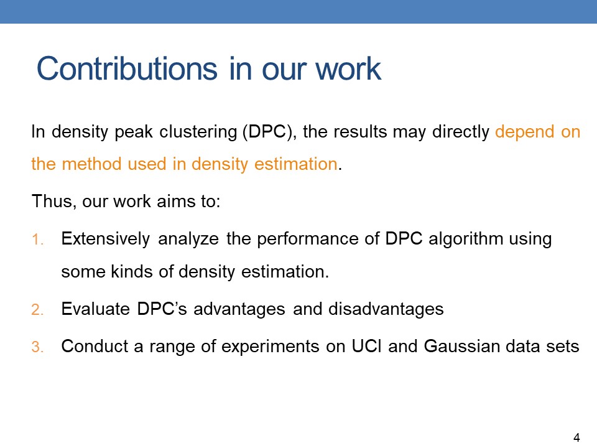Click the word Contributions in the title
coord(127,68)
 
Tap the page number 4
coord(576,437)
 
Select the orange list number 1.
coord(37,240)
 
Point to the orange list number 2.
coord(37,309)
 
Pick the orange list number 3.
coord(37,347)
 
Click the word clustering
coord(198,132)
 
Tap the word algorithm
coord(466,239)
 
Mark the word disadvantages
coord(386,309)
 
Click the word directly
coord(461,132)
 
